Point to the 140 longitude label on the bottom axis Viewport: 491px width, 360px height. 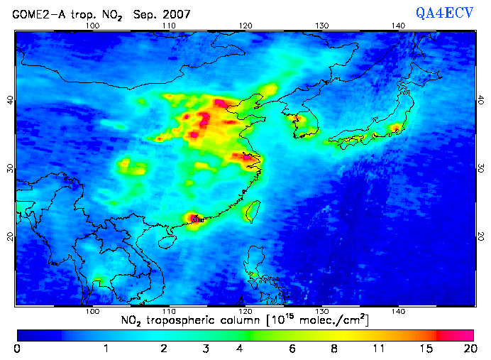click(398, 312)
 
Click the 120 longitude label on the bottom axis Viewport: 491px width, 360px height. click(245, 312)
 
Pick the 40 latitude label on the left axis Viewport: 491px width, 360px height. click(10, 100)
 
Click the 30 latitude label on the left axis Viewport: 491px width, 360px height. click(10, 168)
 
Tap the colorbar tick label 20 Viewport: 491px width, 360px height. click(468, 349)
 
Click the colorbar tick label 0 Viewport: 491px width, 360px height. click(17, 349)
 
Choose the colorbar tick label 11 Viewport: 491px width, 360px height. click(380, 349)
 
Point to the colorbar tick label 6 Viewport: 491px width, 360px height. click(293, 349)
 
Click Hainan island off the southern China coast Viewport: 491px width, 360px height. click(167, 241)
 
